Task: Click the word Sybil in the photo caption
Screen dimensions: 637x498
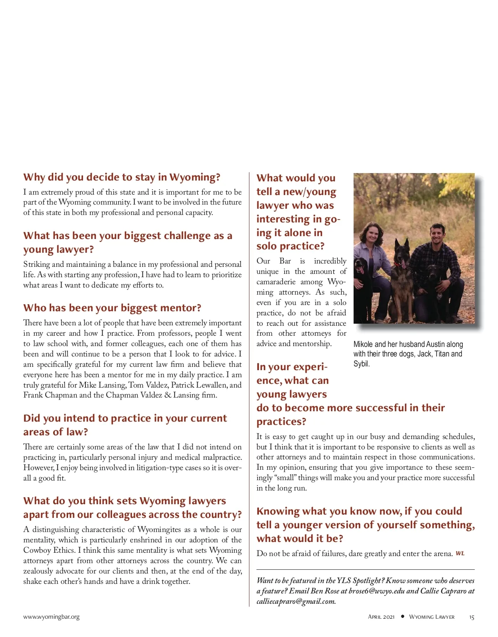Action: point(361,364)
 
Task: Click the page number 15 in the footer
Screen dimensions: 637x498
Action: point(471,617)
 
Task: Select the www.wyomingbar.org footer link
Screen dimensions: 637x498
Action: point(51,617)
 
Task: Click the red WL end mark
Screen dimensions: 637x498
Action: point(460,554)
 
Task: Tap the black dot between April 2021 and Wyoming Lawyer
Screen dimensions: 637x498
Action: point(402,617)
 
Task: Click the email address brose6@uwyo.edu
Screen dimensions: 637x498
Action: point(376,591)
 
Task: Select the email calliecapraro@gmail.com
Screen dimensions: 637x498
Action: point(296,601)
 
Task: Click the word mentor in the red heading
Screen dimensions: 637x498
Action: point(177,308)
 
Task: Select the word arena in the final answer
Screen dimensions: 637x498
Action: point(442,554)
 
